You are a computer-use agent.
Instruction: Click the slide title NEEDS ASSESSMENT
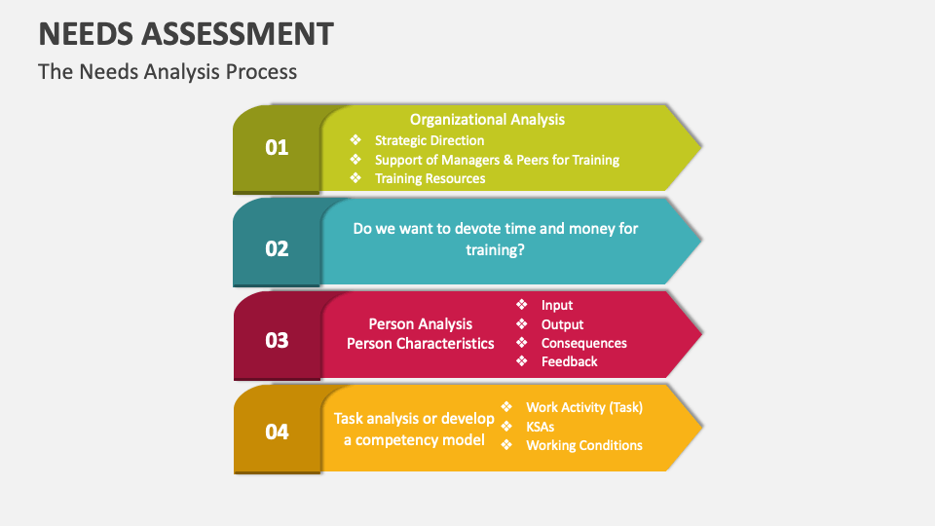185,34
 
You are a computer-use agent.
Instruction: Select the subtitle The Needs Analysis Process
168,71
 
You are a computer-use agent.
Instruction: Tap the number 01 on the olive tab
277,148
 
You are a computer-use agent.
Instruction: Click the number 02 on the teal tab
277,248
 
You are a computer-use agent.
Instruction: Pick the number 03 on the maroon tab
277,340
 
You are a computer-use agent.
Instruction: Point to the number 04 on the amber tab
277,432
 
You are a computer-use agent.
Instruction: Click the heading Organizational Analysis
487,119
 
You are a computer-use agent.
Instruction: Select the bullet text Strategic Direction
430,140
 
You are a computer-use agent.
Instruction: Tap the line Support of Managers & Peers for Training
497,160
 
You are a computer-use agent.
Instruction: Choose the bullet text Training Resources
430,178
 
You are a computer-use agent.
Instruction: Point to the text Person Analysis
420,324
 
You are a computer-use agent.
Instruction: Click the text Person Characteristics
420,343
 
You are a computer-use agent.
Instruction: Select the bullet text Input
557,305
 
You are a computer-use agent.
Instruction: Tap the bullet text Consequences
583,343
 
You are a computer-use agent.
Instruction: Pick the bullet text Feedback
569,361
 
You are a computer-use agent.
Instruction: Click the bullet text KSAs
542,426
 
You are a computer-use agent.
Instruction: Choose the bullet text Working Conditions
583,445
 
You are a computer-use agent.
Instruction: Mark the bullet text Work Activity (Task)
583,407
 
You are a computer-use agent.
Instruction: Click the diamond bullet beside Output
521,324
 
